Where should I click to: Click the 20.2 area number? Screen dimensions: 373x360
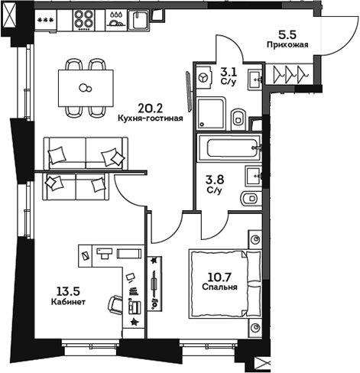point(150,108)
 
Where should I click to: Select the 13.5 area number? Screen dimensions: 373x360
point(68,290)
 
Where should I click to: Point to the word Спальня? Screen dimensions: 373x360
point(219,287)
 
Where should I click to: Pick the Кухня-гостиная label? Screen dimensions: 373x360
point(151,119)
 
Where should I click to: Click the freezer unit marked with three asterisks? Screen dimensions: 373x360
point(45,18)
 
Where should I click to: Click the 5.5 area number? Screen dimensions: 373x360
point(287,34)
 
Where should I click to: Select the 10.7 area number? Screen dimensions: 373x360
point(219,277)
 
